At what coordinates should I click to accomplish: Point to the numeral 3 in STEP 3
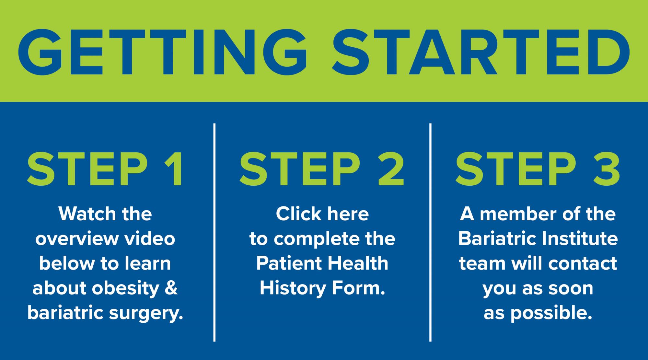click(606, 169)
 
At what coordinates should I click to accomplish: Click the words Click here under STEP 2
click(322, 214)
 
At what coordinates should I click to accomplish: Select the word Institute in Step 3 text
click(580, 239)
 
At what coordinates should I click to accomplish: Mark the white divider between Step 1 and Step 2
click(214, 232)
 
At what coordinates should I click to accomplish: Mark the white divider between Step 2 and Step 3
click(430, 232)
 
